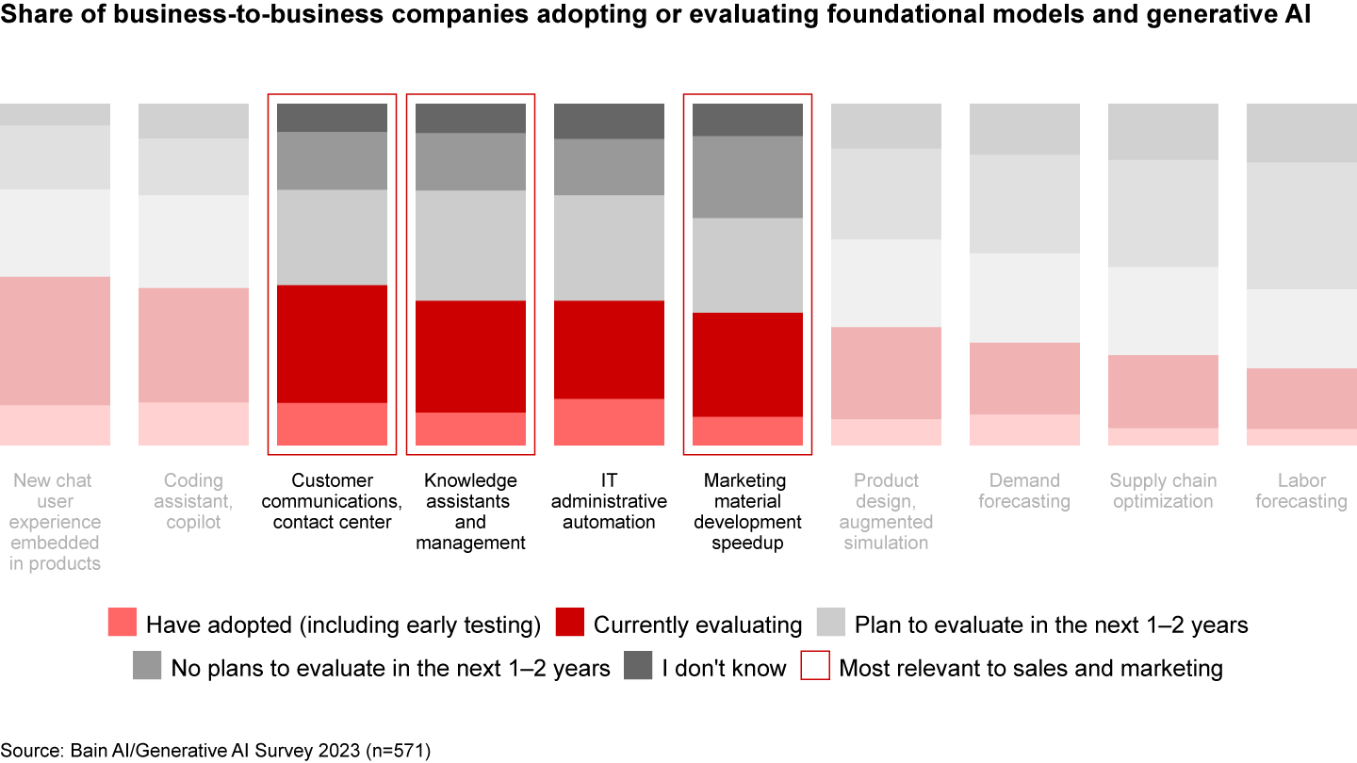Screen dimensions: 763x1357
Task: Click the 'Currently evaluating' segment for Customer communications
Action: point(332,344)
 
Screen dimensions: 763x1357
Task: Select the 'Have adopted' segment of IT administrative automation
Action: point(609,422)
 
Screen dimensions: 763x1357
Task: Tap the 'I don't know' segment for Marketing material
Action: point(747,120)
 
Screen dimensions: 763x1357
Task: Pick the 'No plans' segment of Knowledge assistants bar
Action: point(470,162)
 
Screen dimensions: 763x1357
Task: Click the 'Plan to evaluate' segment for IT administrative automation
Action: point(609,248)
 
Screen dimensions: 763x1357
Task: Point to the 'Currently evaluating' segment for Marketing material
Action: point(747,365)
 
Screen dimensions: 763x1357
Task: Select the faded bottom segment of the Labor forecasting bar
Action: point(1301,437)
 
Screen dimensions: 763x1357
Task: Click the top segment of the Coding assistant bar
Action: point(193,121)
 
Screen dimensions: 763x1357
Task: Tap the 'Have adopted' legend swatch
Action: point(123,624)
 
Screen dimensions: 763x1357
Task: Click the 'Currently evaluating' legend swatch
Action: point(570,624)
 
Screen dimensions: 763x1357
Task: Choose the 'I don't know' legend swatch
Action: point(638,667)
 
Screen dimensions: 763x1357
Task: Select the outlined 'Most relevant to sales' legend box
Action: point(815,667)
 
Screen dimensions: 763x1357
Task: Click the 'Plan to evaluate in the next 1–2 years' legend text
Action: point(1051,625)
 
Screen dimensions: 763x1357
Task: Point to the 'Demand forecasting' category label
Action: point(1024,491)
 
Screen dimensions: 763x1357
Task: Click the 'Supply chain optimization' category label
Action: point(1163,491)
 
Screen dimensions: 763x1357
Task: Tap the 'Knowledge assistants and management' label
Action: point(470,511)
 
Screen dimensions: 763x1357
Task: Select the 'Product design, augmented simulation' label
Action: point(886,511)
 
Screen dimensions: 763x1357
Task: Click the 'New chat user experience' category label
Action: point(56,522)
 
